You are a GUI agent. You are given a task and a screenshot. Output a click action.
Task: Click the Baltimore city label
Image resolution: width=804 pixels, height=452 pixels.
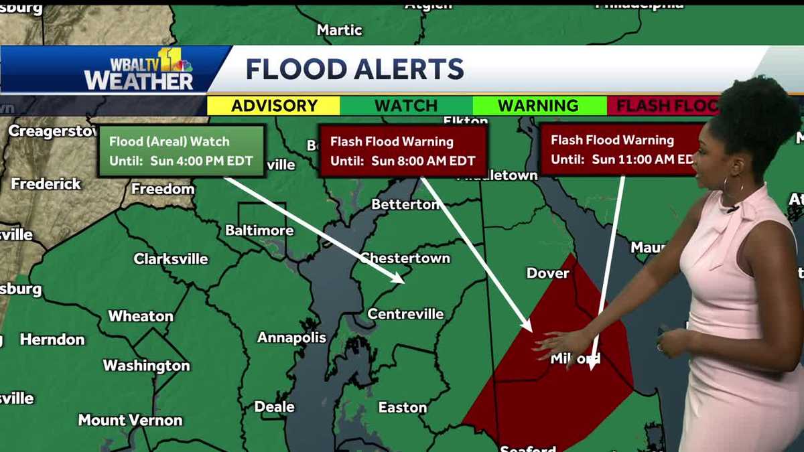point(259,230)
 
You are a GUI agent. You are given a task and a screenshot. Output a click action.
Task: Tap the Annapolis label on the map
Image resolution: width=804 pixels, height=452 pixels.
point(291,337)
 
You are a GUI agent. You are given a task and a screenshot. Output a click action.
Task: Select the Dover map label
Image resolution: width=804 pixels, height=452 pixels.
point(547,273)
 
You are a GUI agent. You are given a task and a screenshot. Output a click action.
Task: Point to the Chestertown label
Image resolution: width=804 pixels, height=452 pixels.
point(405,258)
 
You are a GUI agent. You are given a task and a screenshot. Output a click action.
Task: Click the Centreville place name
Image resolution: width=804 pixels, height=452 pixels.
point(405,313)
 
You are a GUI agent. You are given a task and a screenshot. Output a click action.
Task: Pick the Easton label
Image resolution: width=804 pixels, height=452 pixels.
point(402,407)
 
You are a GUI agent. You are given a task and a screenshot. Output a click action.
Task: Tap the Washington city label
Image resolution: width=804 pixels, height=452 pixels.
point(146,366)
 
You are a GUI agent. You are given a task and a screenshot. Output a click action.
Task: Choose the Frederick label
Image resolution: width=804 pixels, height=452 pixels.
point(46,183)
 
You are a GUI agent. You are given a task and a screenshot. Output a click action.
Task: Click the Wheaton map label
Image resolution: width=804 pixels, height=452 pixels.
point(141,316)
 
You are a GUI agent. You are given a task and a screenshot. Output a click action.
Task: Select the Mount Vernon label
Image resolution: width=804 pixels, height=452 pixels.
point(130,421)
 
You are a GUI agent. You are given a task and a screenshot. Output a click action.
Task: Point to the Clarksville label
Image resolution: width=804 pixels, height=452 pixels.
point(171,258)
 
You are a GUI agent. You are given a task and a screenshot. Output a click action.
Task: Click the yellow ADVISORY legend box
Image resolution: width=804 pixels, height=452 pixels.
point(273,106)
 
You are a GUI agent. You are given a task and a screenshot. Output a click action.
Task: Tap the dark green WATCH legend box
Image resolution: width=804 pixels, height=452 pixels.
point(405,106)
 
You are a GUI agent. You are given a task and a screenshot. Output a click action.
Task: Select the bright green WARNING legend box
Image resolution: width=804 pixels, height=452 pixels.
point(538,106)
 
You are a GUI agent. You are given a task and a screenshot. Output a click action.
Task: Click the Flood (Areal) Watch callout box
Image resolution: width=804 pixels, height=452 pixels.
point(181,151)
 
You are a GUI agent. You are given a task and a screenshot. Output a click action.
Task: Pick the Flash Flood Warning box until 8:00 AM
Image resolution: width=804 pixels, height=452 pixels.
point(402,151)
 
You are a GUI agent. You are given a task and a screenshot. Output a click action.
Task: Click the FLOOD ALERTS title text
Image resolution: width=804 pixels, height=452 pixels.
point(354,69)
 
